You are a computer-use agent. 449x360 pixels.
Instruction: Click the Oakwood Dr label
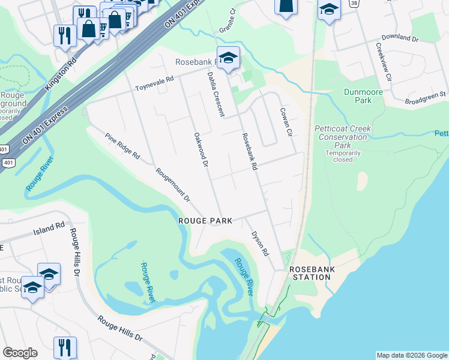tap(201, 149)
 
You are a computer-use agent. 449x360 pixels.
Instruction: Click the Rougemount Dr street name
tap(173, 184)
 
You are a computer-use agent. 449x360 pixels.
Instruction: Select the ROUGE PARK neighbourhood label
tap(206, 221)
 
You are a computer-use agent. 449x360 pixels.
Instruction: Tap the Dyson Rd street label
tap(260, 244)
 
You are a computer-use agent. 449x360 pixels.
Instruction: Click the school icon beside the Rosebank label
tap(228, 58)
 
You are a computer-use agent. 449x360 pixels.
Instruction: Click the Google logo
tap(20, 353)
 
